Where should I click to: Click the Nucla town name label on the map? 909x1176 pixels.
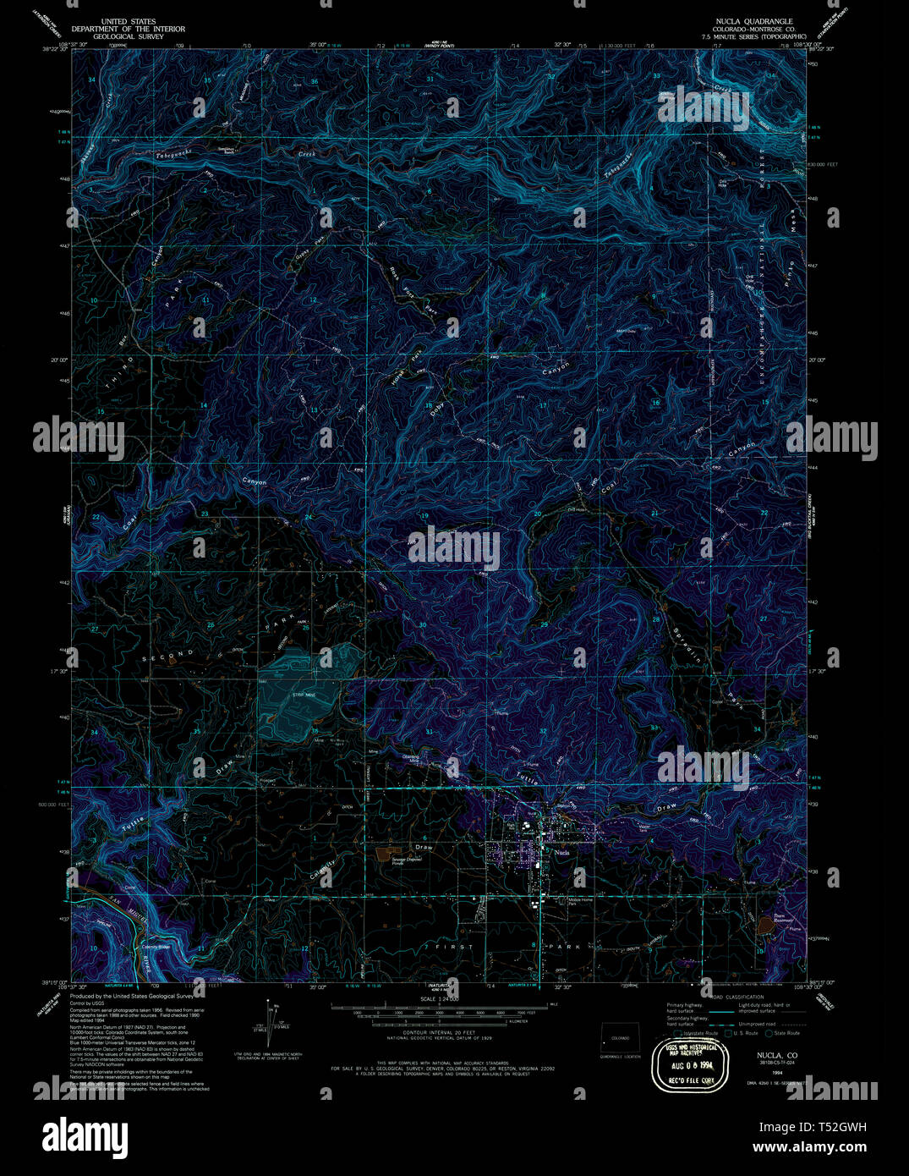[x=562, y=853]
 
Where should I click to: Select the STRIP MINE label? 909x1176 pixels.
[x=304, y=695]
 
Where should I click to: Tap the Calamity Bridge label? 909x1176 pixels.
[x=156, y=947]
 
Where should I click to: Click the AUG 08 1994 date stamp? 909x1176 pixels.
[x=694, y=1059]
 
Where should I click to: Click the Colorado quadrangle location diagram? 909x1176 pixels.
[x=621, y=1038]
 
